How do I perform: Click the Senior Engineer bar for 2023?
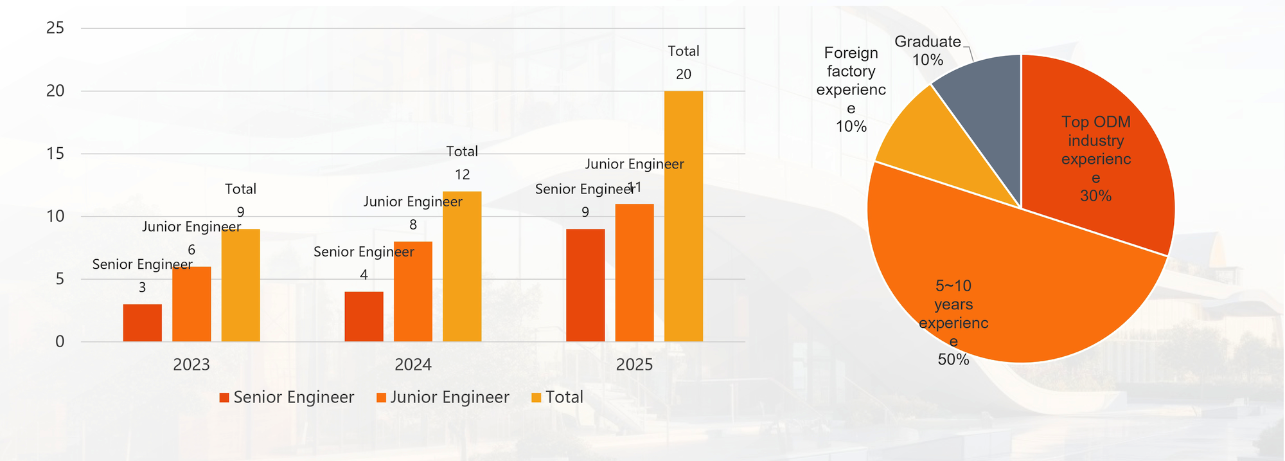143,323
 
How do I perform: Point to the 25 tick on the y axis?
56,28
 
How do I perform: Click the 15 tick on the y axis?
56,153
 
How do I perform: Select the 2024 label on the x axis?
413,365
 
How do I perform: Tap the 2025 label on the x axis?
634,365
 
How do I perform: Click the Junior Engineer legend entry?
449,397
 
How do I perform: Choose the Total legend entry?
564,397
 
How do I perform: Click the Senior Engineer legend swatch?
224,398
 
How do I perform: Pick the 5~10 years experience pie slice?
1002,289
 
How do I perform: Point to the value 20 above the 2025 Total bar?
684,75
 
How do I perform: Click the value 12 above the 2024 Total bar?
462,175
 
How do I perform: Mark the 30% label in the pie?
1095,196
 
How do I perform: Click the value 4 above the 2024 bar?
364,275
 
